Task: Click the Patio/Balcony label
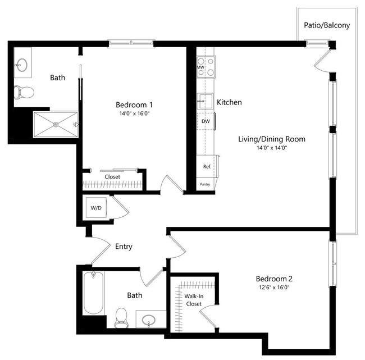tap(327, 25)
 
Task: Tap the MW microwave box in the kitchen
tap(200, 67)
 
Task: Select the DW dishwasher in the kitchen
tap(206, 121)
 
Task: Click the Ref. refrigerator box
tap(207, 166)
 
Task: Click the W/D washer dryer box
tap(96, 208)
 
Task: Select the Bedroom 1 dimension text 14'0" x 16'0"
tap(134, 113)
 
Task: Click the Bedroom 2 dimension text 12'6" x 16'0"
tap(274, 288)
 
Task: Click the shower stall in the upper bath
tap(55, 125)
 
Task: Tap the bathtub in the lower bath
tap(93, 293)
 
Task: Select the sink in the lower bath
tap(149, 320)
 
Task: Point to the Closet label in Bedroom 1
tap(112, 176)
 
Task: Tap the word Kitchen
tap(229, 102)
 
